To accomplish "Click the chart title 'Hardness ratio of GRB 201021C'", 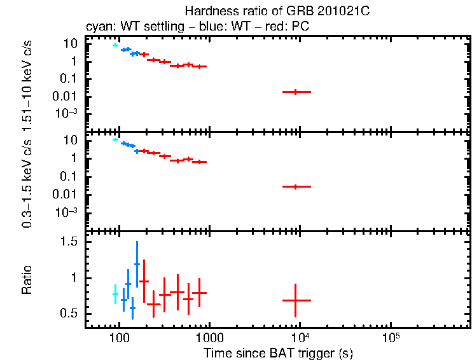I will click(278, 11).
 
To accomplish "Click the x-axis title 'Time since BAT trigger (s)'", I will click(278, 352).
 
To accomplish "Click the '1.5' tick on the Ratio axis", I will click(69, 242).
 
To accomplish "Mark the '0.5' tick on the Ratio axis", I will click(69, 314).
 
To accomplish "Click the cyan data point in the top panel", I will click(115, 45).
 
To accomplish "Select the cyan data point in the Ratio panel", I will click(115, 294).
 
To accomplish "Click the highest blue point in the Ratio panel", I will click(137, 264).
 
